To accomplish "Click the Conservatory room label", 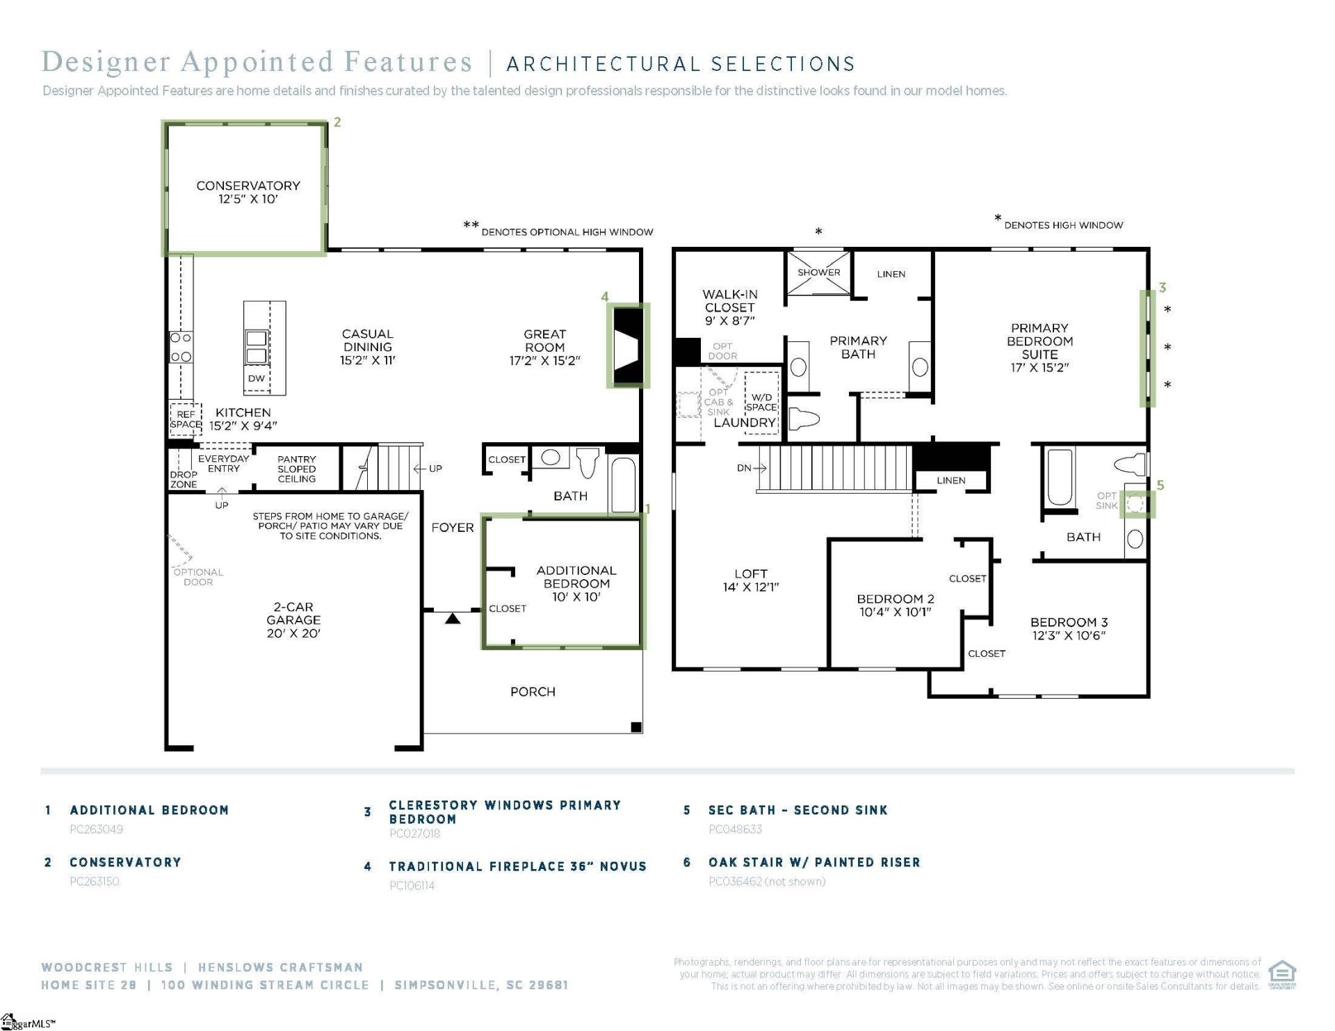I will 248,186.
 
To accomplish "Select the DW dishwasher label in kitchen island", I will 257,378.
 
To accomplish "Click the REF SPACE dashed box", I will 186,419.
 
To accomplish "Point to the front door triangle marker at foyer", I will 453,618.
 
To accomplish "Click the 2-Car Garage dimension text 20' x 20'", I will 293,633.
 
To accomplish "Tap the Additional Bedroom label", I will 576,577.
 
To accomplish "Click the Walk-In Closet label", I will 729,301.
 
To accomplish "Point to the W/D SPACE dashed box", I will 761,403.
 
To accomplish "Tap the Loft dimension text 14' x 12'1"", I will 751,587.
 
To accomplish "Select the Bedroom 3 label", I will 1069,622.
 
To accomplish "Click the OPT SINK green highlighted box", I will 1135,504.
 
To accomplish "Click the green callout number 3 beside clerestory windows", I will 1162,288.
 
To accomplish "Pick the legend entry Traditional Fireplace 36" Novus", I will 517,866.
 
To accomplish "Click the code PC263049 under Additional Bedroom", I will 97,829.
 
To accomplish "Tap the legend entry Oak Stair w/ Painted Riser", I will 814,862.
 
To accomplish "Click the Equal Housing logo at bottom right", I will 1281,973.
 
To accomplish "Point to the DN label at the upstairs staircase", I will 744,468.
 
